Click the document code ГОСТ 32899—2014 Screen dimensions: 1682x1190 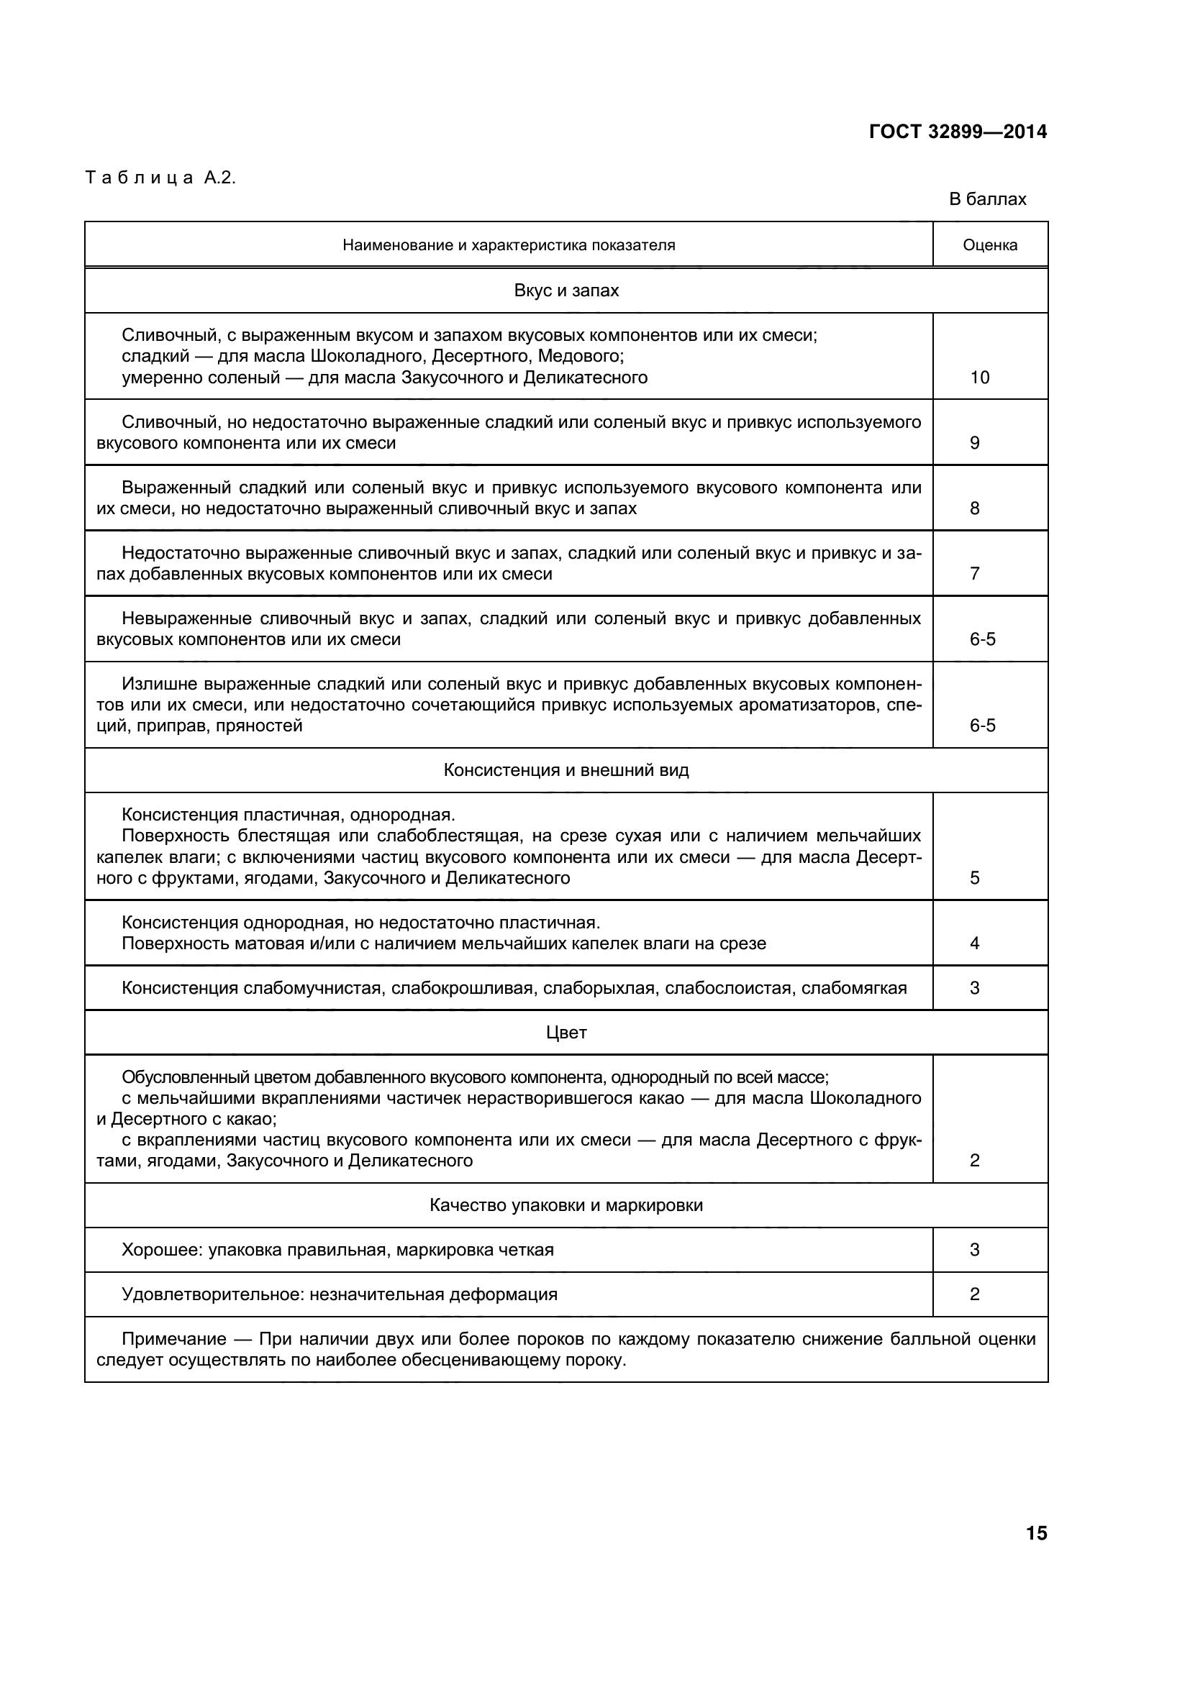coord(958,132)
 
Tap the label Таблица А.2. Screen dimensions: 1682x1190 coord(160,178)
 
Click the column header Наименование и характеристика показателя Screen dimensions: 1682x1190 coord(509,245)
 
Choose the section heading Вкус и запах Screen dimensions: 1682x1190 coord(566,291)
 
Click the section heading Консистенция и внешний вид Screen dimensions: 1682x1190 coord(566,771)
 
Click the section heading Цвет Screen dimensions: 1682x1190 coord(566,1033)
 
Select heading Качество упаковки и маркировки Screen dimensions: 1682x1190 coord(566,1206)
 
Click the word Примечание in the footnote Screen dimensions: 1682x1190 coord(173,1340)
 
